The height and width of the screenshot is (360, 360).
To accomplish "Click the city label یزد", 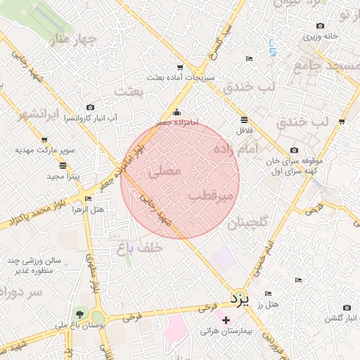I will (240, 300).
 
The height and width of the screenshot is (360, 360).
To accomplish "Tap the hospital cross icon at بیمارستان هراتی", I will (226, 321).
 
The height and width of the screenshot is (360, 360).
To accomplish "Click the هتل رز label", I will (269, 304).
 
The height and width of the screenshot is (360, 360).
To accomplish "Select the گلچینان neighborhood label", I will (248, 224).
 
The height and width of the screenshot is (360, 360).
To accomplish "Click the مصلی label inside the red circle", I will (165, 171).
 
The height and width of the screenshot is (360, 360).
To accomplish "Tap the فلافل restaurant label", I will (243, 130).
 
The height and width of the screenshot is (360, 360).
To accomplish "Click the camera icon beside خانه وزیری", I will (307, 35).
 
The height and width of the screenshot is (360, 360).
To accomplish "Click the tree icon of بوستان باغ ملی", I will (79, 314).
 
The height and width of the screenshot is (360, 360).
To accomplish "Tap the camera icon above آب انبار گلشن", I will (346, 308).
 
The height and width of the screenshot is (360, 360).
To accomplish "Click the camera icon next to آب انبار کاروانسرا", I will (90, 107).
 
